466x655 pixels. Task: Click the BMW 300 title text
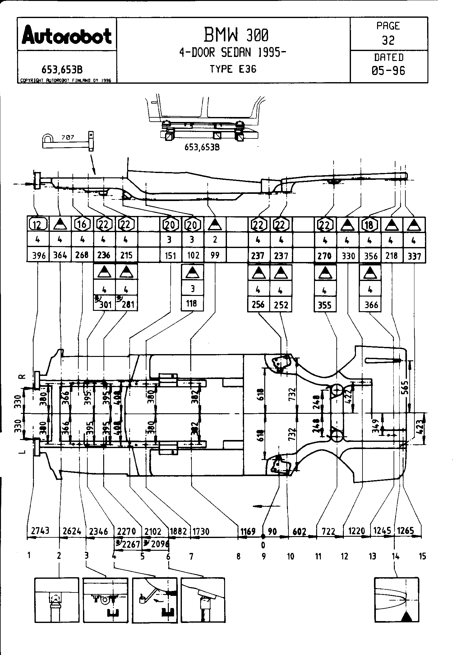(x=235, y=35)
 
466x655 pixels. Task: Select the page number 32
(x=388, y=40)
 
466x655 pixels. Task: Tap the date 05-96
(x=388, y=71)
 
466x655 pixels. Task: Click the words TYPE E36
(x=233, y=69)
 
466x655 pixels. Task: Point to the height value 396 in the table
(x=39, y=255)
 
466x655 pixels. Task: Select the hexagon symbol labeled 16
(x=82, y=224)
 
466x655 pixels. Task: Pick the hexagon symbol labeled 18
(x=369, y=224)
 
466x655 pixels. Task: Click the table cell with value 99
(x=215, y=255)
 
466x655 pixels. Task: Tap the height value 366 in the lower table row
(x=371, y=304)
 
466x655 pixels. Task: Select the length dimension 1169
(x=247, y=531)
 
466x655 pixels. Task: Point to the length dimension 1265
(x=406, y=530)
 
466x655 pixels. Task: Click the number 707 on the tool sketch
(x=68, y=137)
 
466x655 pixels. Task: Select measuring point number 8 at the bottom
(x=238, y=556)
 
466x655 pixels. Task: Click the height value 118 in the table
(x=191, y=303)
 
